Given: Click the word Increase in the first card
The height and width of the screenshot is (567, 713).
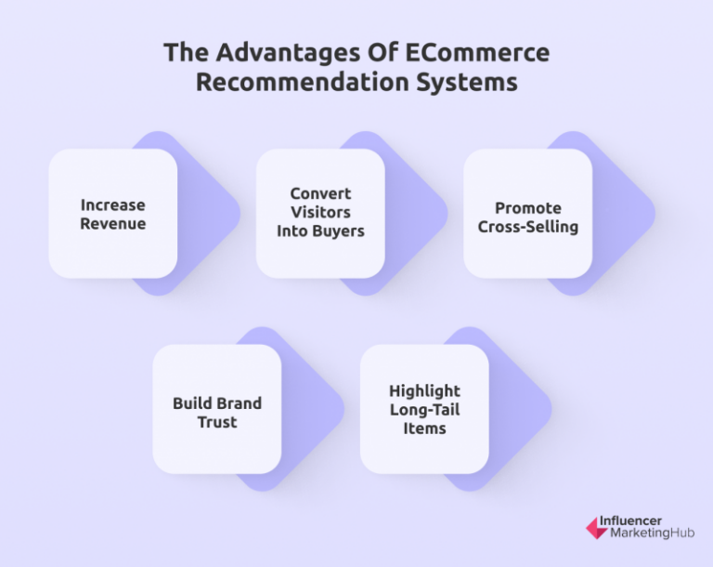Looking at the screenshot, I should [x=112, y=204].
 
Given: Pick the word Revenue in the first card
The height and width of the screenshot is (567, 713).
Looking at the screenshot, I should [x=112, y=224].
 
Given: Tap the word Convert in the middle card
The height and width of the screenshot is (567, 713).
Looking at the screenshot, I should [x=320, y=193].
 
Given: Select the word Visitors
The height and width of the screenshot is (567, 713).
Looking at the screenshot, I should [x=320, y=212].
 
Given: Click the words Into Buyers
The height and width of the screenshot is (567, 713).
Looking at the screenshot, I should [x=320, y=231].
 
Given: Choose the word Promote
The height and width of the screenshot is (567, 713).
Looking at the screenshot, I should [x=527, y=208].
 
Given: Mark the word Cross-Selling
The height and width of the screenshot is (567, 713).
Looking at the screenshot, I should [x=527, y=227].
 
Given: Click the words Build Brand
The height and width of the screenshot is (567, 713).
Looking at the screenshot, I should [x=217, y=403].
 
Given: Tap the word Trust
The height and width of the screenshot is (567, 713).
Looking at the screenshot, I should [x=217, y=422].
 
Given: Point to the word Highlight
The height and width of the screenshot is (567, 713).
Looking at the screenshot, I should [x=424, y=391].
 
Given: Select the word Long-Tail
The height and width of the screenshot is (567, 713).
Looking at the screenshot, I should [x=424, y=410].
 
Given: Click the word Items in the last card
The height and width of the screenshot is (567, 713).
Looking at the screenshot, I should [x=424, y=429].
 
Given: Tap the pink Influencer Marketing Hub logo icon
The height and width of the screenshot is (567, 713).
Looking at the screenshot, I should [x=596, y=528].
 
